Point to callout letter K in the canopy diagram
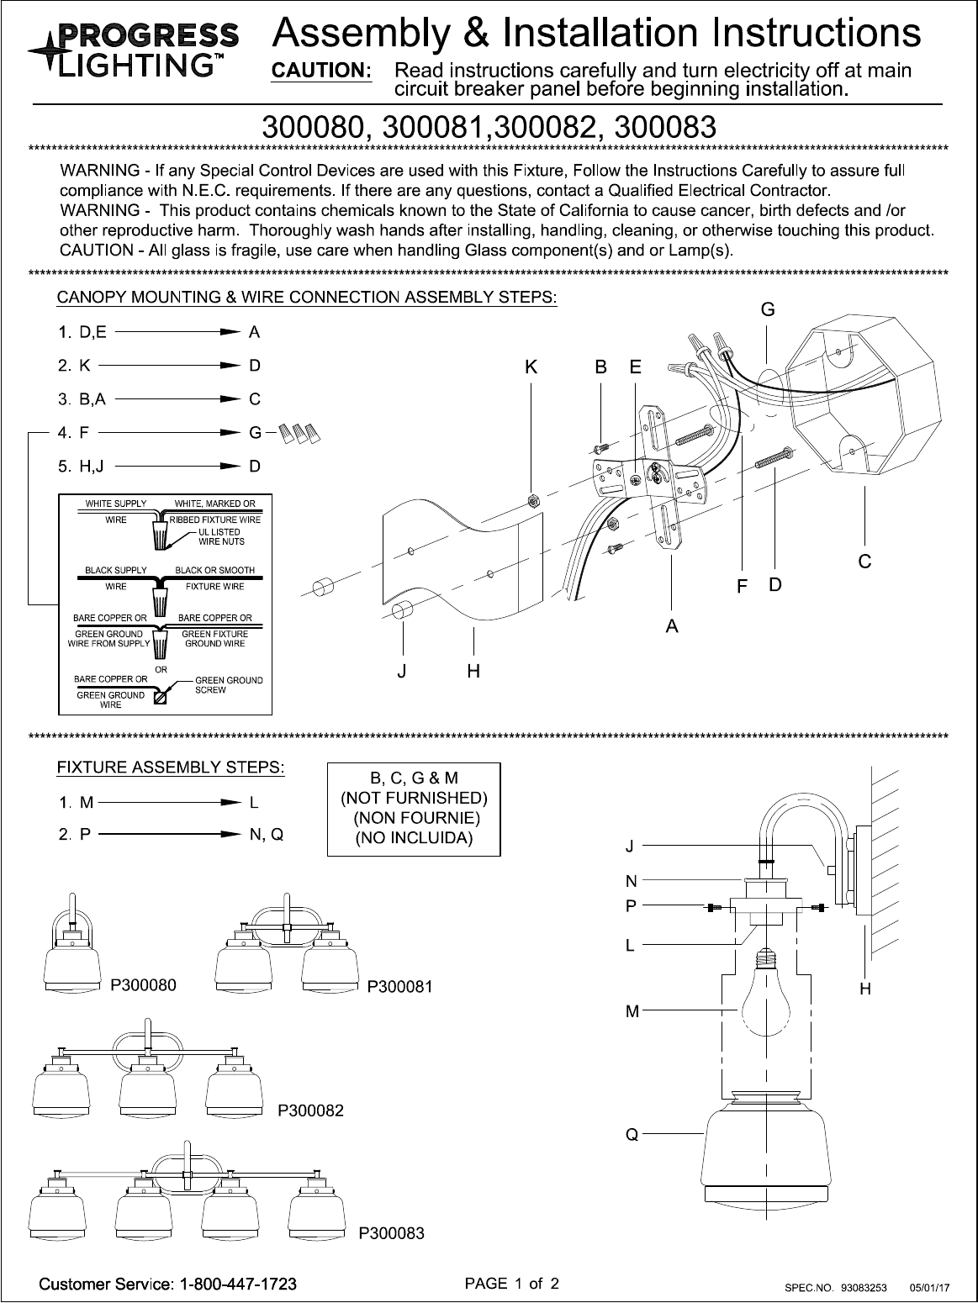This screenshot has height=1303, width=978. [x=531, y=367]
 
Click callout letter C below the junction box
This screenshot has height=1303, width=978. [x=864, y=561]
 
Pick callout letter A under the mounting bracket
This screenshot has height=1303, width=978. [x=672, y=625]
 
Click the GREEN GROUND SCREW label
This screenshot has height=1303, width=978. [x=229, y=684]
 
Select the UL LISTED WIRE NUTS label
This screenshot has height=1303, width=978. [x=219, y=537]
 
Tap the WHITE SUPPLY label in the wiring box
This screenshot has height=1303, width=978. [x=115, y=504]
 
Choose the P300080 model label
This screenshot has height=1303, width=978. [x=144, y=986]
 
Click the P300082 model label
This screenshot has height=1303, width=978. [x=311, y=1110]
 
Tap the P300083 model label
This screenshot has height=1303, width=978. [x=392, y=1233]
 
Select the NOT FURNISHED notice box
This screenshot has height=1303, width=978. [x=414, y=808]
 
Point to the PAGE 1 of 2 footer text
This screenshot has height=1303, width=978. [x=512, y=1284]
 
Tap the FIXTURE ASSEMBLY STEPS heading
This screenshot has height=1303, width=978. [x=171, y=768]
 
